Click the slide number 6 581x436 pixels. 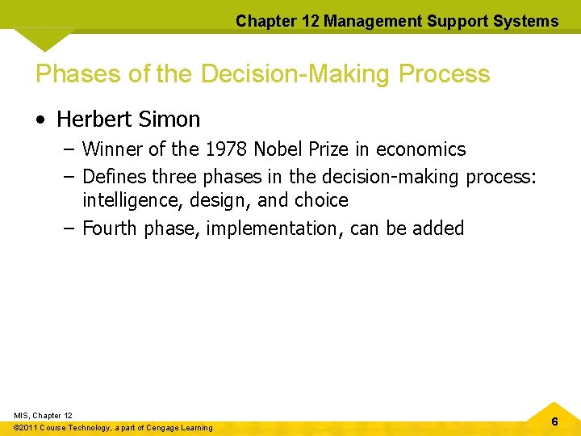(554, 421)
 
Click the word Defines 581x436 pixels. (115, 175)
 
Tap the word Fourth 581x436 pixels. (111, 228)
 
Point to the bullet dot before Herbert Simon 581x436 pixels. (40, 120)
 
